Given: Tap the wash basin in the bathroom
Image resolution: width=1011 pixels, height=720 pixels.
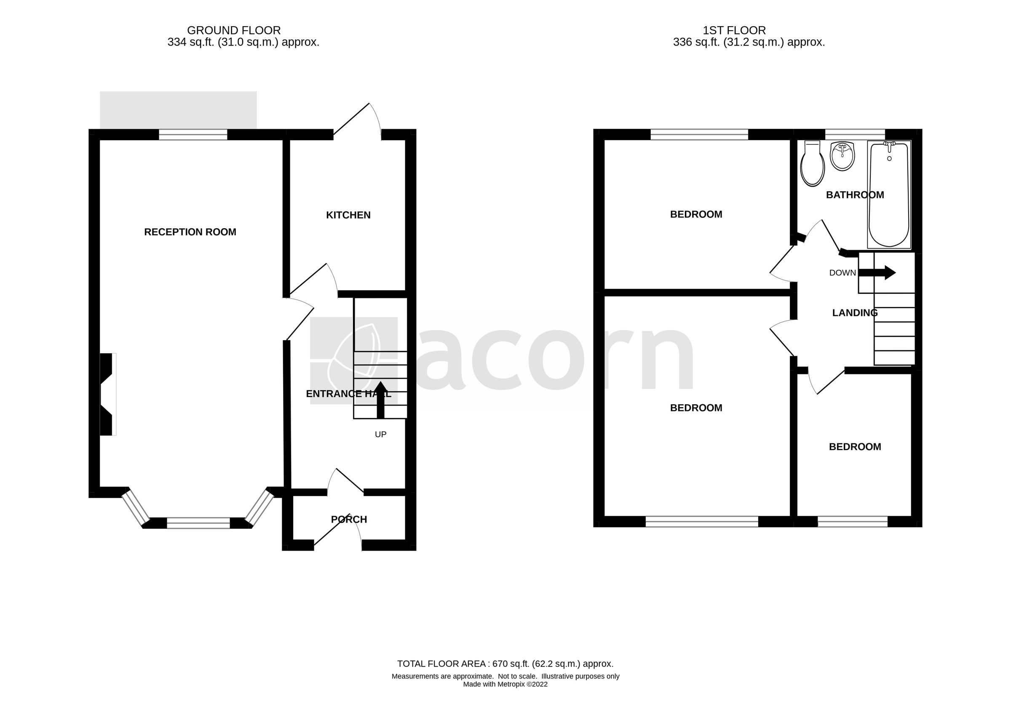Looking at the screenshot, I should [x=842, y=156].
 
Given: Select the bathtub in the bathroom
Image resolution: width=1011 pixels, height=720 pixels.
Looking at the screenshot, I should [x=888, y=195].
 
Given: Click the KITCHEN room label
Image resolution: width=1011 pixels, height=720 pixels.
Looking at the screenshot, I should [x=348, y=215].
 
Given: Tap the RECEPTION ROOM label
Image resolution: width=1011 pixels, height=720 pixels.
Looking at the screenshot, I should [x=190, y=232].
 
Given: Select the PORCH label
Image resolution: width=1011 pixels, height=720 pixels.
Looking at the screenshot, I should [x=348, y=519].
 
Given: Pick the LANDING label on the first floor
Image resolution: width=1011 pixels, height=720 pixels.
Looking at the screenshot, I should [x=854, y=313].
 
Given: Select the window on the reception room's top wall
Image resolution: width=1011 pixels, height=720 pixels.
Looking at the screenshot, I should [x=193, y=134].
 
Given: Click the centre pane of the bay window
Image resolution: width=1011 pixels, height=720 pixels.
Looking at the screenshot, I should [x=198, y=523].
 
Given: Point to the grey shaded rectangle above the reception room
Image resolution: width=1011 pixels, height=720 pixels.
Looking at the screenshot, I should [x=178, y=110].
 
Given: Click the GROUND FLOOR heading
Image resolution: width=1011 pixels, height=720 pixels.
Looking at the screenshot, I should [x=234, y=31].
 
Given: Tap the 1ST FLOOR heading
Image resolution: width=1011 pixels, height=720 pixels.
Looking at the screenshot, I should [x=734, y=31].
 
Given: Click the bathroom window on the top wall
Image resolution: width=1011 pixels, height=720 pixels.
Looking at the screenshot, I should [x=854, y=134].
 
